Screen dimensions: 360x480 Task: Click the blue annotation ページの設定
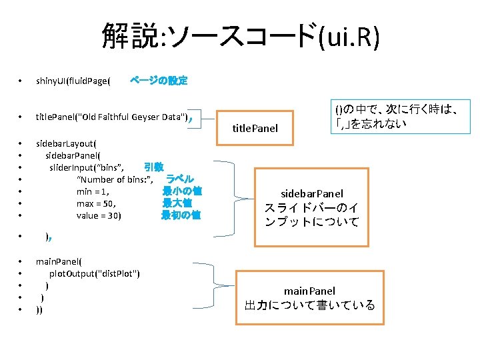point(159,81)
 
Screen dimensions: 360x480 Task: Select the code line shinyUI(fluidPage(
point(73,81)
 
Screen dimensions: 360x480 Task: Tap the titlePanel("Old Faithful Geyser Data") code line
point(112,117)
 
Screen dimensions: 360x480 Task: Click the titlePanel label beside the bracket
point(255,128)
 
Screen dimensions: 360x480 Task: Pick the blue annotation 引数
point(154,167)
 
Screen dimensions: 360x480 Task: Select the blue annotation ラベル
point(179,179)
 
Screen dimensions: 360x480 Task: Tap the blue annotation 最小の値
point(181,191)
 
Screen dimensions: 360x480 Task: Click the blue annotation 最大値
point(177,203)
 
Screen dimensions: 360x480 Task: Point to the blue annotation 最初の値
point(180,215)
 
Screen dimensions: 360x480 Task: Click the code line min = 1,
point(93,191)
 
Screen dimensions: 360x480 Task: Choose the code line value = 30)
point(99,215)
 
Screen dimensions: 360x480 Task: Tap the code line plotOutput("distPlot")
point(94,273)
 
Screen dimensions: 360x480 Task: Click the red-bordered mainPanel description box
point(310,298)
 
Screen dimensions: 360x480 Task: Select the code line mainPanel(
point(59,261)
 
